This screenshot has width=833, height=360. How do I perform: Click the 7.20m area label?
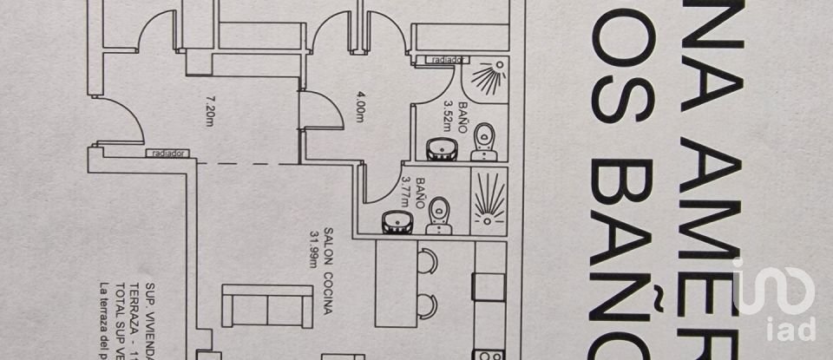tap(208, 110)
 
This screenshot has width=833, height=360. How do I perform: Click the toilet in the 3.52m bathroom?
tap(484, 144)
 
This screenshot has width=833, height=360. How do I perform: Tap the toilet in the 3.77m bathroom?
tap(439, 215)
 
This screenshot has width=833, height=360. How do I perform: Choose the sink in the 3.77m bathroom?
tap(397, 222)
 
